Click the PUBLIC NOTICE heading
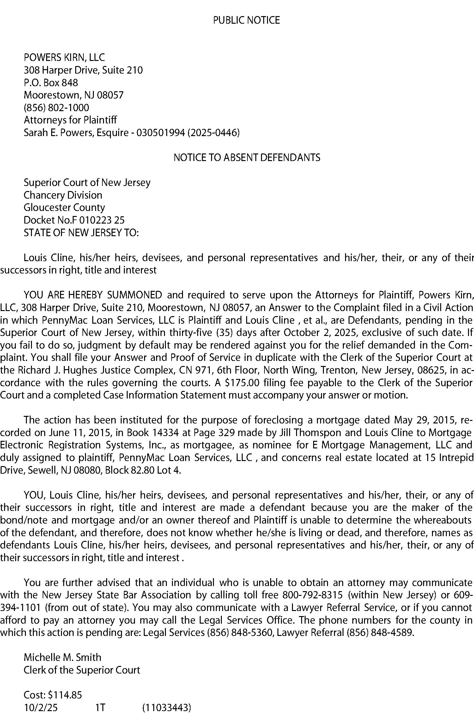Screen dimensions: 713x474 pyautogui.click(x=246, y=20)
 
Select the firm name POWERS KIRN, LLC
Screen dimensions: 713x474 pyautogui.click(x=64, y=57)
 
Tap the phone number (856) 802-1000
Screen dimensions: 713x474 pyautogui.click(x=57, y=108)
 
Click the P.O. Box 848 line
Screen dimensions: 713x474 pyautogui.click(x=51, y=83)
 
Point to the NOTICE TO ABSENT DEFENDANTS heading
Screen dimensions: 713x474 pyautogui.click(x=247, y=157)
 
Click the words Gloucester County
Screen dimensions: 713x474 pyautogui.click(x=64, y=207)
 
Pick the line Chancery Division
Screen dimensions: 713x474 pyautogui.click(x=63, y=195)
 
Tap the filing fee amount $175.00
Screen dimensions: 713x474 pyautogui.click(x=242, y=383)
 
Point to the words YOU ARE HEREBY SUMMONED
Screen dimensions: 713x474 pyautogui.click(x=93, y=295)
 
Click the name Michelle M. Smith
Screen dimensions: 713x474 pyautogui.click(x=63, y=657)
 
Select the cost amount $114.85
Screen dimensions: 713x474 pyautogui.click(x=65, y=695)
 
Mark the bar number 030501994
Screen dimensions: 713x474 pyautogui.click(x=161, y=133)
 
